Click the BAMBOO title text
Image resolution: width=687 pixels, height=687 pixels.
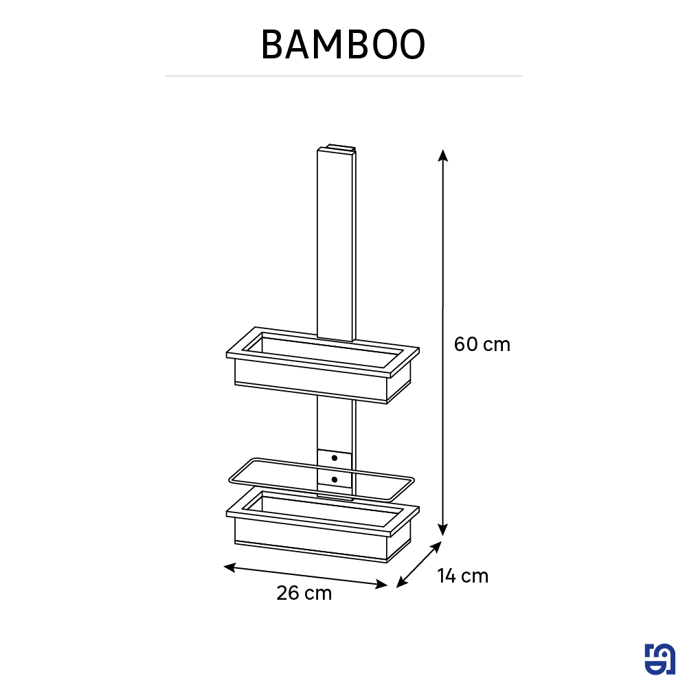pos(343,45)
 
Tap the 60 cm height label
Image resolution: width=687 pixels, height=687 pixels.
pos(482,344)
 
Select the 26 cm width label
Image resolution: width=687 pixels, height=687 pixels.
pos(304,593)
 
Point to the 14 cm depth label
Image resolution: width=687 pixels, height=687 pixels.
pos(463,576)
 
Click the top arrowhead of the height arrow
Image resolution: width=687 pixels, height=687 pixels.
pos(444,155)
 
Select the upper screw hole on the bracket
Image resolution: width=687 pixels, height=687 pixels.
pos(334,458)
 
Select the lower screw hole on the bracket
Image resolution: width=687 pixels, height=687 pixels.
pos(334,479)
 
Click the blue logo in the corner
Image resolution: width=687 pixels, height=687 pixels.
pos(660,660)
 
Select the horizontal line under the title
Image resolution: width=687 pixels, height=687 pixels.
pos(343,76)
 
